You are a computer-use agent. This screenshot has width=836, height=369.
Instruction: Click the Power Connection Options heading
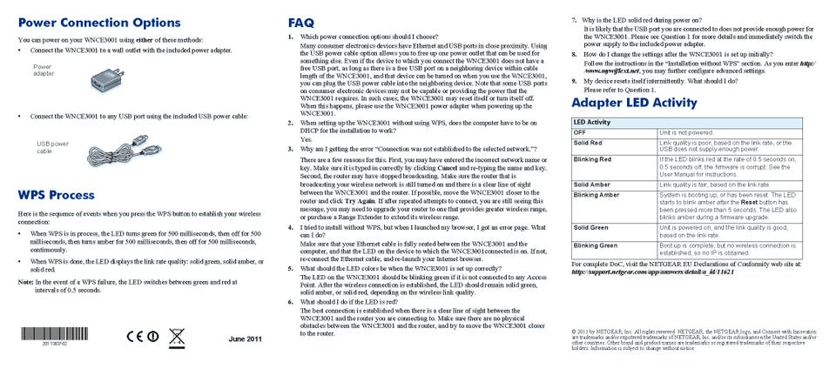point(99,22)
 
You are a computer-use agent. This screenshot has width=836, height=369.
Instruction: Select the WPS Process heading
point(56,194)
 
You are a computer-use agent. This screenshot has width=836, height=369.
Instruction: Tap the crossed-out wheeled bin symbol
point(177,335)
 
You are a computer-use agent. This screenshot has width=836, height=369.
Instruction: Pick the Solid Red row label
point(588,142)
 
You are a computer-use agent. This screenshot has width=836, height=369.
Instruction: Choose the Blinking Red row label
point(592,159)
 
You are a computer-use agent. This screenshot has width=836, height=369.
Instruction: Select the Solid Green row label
point(590,227)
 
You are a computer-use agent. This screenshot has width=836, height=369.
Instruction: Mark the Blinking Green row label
point(595,245)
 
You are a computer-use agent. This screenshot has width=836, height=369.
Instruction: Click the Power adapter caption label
point(43,70)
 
